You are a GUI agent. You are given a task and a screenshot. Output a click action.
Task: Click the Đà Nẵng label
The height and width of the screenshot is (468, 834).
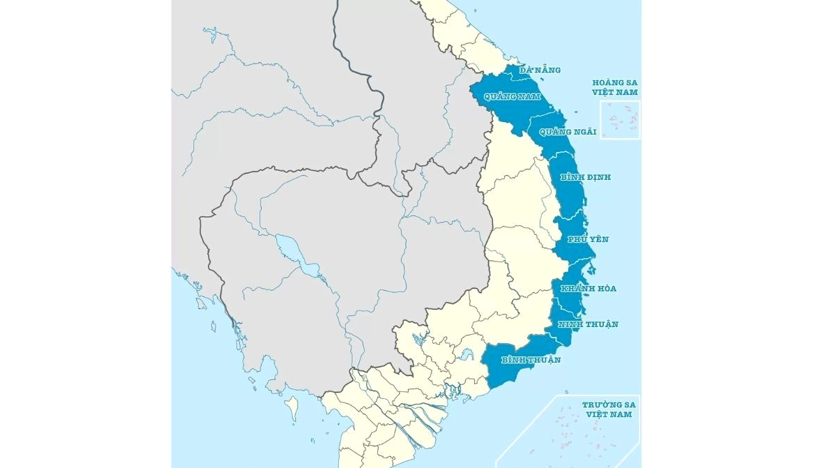pos(540,70)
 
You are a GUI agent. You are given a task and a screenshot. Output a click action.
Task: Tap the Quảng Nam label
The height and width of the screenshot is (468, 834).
pos(512,96)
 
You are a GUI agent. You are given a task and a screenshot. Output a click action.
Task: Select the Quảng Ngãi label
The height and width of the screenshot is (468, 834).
pos(568,132)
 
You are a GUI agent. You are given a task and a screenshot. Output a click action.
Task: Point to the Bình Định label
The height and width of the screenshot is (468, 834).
pos(585,177)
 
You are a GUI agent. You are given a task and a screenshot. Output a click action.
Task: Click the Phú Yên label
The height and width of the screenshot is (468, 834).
pos(588,239)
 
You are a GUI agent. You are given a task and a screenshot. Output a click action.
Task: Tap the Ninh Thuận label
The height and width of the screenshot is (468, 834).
pos(588,324)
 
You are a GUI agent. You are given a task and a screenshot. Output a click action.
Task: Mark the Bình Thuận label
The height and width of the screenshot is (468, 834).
pos(531,360)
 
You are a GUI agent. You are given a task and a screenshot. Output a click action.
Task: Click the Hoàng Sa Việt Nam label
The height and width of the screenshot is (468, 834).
pos(615,87)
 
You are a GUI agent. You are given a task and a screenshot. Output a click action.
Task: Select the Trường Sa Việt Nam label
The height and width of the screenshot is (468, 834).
pos(609,409)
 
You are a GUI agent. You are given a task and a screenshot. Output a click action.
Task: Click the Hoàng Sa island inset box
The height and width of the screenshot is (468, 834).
pos(620,120)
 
